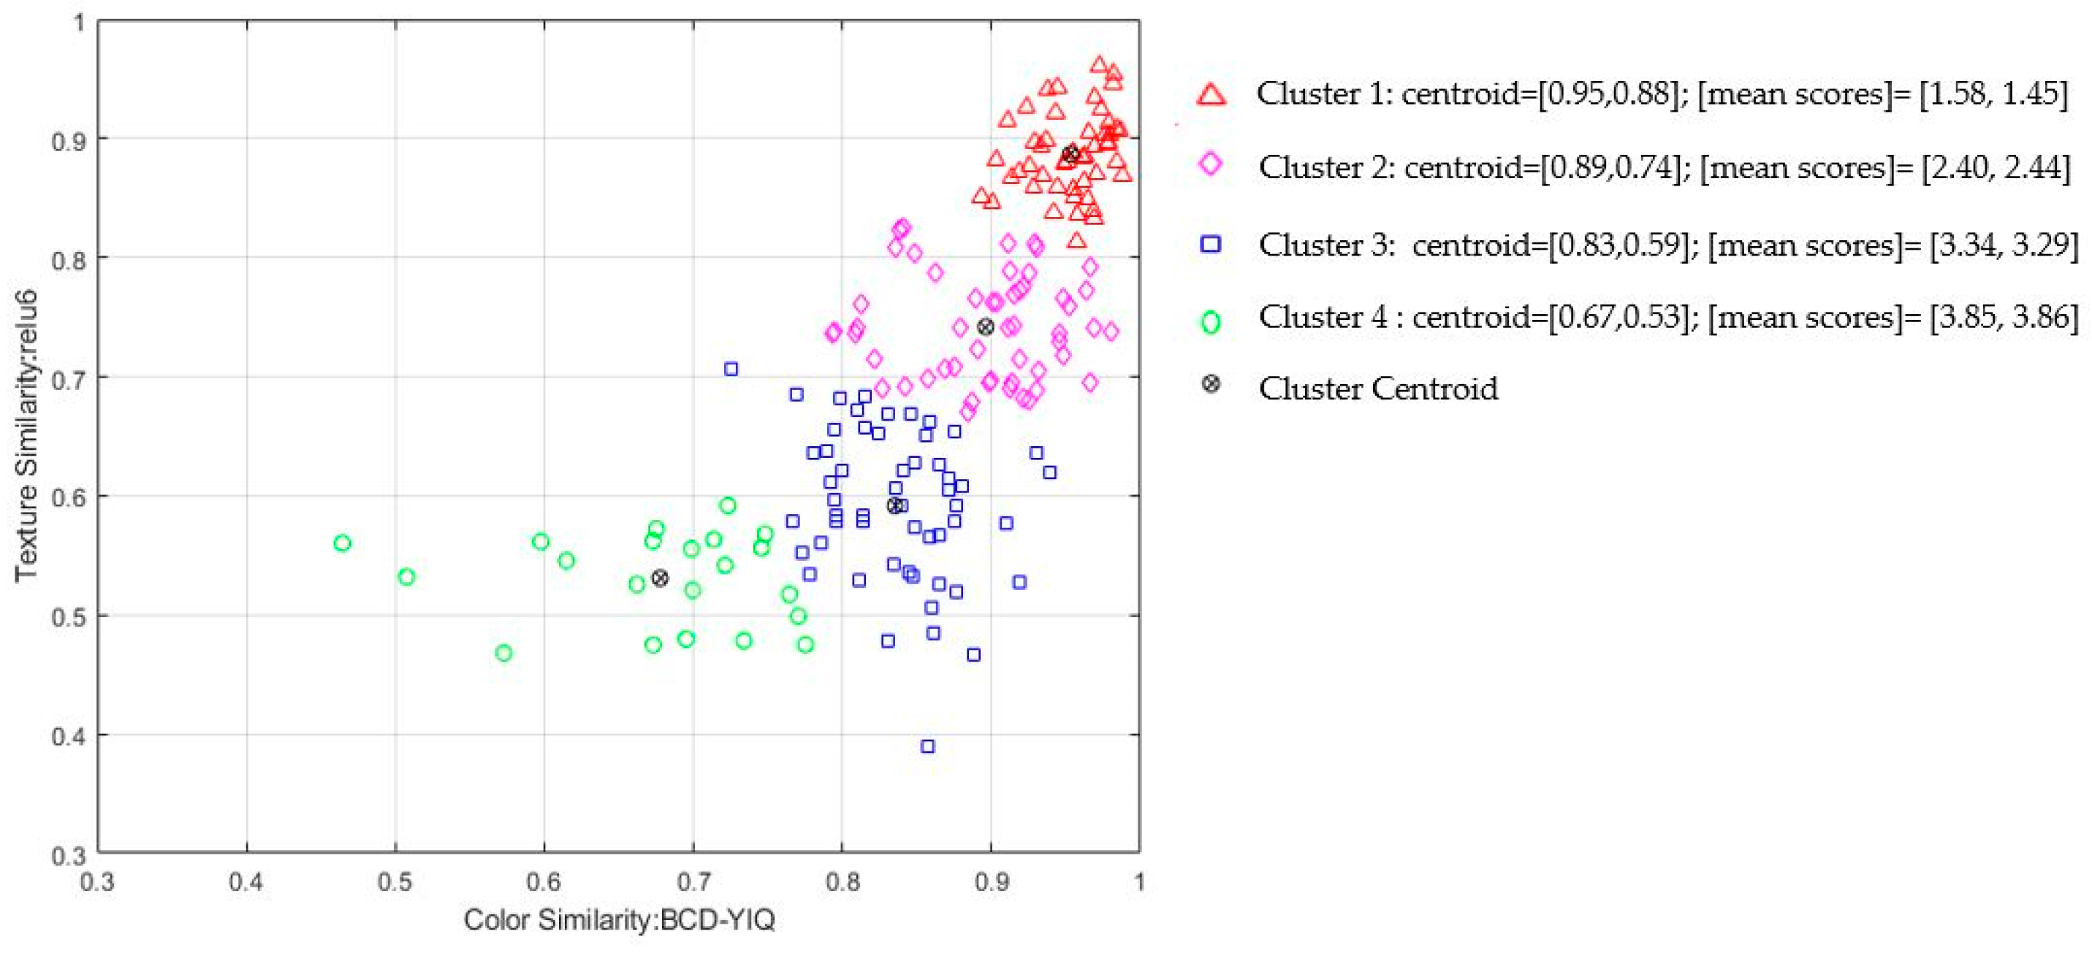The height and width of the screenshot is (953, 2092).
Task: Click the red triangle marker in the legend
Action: tap(1211, 94)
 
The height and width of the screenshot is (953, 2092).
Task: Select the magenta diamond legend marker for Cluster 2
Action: tap(1210, 165)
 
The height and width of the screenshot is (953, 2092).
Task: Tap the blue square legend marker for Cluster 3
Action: tap(1210, 243)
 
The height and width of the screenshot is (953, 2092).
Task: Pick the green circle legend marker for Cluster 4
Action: tap(1210, 322)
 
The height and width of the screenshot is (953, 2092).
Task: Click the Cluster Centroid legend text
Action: tap(1377, 389)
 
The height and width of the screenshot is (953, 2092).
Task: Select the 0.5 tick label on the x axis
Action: tap(395, 882)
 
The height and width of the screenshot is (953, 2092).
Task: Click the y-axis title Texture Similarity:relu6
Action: tap(26, 435)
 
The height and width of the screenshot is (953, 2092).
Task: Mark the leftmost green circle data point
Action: tap(342, 543)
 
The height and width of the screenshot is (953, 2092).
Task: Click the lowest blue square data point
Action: tap(927, 746)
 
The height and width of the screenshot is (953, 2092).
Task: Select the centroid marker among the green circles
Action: tap(661, 578)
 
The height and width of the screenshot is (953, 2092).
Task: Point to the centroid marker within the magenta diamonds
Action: tap(985, 327)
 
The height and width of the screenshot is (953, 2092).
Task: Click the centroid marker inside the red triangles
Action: tap(1071, 154)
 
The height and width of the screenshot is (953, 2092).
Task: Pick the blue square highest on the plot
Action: tap(731, 370)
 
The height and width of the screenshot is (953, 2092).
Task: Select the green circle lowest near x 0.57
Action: tap(503, 653)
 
